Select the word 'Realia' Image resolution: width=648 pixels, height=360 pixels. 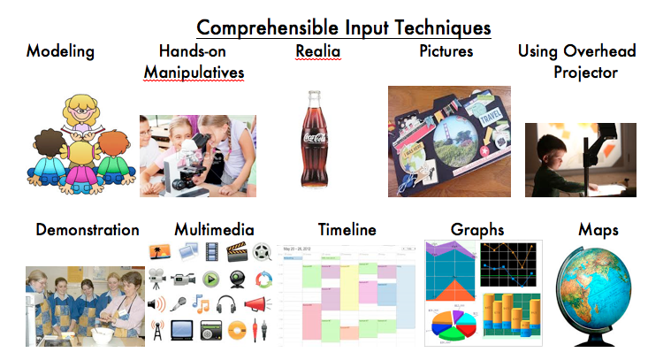(x=317, y=51)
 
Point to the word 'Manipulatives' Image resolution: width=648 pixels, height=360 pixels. (x=194, y=71)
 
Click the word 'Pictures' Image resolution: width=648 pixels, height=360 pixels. (x=446, y=51)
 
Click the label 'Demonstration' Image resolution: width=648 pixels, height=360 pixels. (x=87, y=230)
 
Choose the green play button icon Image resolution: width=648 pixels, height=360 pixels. (x=211, y=279)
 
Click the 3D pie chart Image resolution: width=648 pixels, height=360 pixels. (x=452, y=325)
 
